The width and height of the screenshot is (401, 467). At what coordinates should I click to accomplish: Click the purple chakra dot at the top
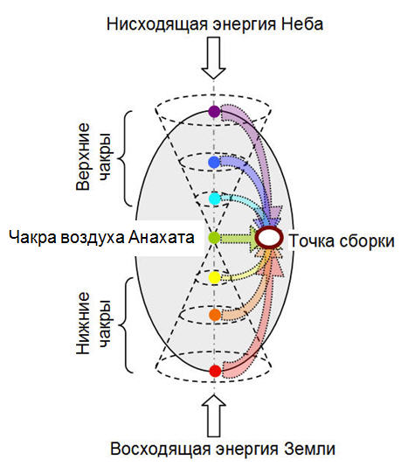tap(214, 111)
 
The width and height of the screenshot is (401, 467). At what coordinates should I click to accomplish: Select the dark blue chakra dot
tap(214, 163)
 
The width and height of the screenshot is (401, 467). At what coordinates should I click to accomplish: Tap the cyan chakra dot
tap(215, 199)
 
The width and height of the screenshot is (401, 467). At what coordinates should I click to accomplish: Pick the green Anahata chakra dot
tap(214, 238)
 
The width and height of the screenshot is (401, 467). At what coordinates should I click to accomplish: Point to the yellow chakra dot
tap(215, 277)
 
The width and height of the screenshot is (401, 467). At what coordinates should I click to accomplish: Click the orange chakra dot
tap(215, 315)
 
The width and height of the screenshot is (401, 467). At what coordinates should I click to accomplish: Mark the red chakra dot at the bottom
tap(215, 371)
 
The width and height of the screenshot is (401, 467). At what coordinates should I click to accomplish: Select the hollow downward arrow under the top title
tap(213, 58)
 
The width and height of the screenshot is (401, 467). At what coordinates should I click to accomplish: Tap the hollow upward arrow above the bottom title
tap(214, 415)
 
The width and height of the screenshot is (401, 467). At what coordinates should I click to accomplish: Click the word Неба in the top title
tap(301, 24)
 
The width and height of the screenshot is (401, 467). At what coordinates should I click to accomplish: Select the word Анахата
tap(162, 238)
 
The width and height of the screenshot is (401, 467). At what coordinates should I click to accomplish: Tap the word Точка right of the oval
tap(312, 240)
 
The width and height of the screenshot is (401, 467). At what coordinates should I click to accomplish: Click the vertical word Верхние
tap(83, 157)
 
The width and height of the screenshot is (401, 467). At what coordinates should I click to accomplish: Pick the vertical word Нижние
tap(83, 323)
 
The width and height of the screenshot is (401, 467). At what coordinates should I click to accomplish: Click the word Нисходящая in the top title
tap(157, 24)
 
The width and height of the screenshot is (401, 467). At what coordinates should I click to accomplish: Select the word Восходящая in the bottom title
tap(161, 450)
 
